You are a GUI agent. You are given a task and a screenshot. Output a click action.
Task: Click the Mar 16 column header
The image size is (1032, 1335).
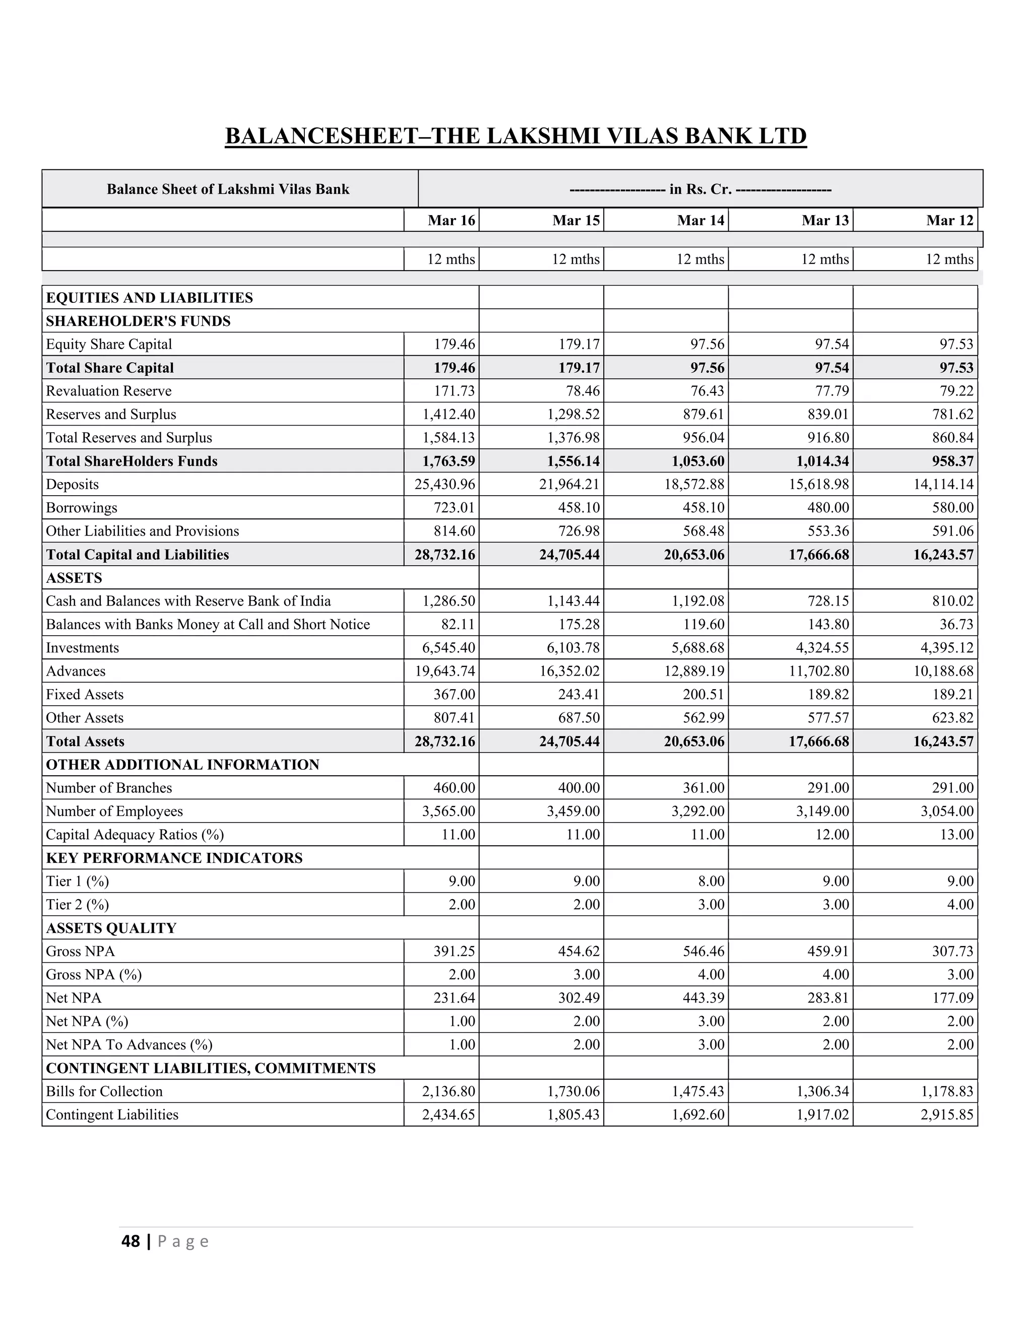point(451,221)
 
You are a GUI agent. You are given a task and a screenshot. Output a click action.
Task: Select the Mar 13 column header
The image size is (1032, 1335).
point(825,221)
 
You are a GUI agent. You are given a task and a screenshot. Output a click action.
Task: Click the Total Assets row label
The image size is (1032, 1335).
point(85,742)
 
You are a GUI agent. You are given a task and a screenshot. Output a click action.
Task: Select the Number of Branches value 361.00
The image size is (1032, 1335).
point(701,788)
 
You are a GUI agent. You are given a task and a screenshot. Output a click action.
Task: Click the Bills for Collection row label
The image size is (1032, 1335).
point(104,1092)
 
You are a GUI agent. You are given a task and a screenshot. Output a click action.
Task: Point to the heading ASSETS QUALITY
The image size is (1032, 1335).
point(111,928)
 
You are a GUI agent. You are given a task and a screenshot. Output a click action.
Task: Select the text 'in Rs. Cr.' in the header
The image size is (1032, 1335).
point(700,189)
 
